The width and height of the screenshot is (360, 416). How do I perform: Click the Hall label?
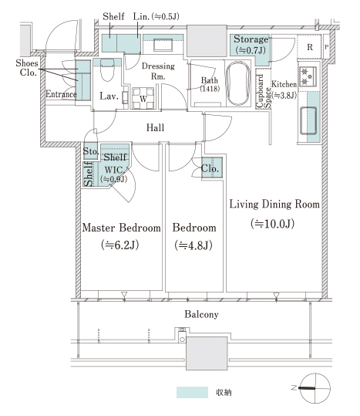(x=155, y=127)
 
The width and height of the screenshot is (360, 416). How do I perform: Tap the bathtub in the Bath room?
(x=238, y=84)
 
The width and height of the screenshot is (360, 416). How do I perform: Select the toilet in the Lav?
(x=107, y=69)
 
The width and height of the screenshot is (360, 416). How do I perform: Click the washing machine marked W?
(x=143, y=99)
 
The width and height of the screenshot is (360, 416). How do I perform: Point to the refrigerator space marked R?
(x=309, y=47)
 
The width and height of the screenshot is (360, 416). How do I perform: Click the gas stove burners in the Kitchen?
(x=308, y=76)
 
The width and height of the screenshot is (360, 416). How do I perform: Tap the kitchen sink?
(x=308, y=120)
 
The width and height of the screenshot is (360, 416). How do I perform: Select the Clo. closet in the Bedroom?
(x=212, y=168)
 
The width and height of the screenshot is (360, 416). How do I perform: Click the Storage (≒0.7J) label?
(x=251, y=45)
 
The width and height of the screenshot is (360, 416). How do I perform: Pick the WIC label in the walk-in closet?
(x=113, y=170)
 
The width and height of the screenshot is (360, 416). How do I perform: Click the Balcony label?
(x=201, y=314)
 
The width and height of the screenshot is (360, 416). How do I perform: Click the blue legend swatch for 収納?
(x=192, y=392)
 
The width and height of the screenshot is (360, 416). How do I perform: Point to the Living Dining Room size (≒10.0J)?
(x=272, y=224)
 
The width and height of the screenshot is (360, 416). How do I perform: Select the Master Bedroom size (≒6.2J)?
(x=119, y=245)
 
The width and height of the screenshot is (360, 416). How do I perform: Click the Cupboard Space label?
(x=264, y=92)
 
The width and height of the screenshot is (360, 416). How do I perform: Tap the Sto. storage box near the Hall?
(x=91, y=151)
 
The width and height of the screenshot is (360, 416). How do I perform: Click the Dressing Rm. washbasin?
(x=163, y=44)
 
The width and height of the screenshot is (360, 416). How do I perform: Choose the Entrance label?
(x=61, y=94)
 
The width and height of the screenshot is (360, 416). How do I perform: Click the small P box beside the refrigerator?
(x=326, y=47)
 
